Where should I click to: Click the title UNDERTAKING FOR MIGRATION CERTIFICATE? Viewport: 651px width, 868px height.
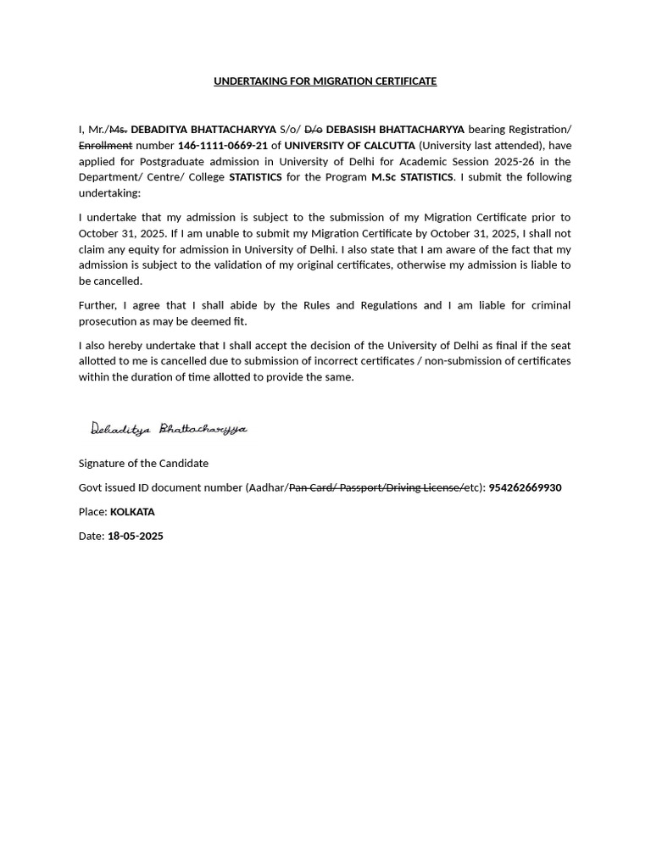click(x=325, y=81)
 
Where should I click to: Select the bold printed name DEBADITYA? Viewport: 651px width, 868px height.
click(x=159, y=130)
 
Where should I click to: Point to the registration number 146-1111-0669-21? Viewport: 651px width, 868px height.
click(x=222, y=146)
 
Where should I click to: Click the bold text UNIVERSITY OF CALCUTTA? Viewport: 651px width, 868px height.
click(x=349, y=146)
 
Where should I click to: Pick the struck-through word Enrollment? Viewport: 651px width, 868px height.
click(x=105, y=146)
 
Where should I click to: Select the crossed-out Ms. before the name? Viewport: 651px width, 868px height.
click(x=118, y=130)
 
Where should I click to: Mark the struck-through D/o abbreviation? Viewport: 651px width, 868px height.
click(x=313, y=130)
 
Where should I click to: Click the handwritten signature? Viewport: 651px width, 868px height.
click(x=169, y=429)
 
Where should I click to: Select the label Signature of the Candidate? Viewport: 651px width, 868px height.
click(x=143, y=464)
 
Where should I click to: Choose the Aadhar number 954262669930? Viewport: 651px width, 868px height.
click(x=525, y=488)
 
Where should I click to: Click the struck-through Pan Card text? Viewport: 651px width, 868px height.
click(x=311, y=488)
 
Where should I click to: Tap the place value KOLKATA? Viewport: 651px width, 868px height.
click(x=132, y=512)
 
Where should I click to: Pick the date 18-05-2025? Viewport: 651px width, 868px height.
click(x=136, y=537)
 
